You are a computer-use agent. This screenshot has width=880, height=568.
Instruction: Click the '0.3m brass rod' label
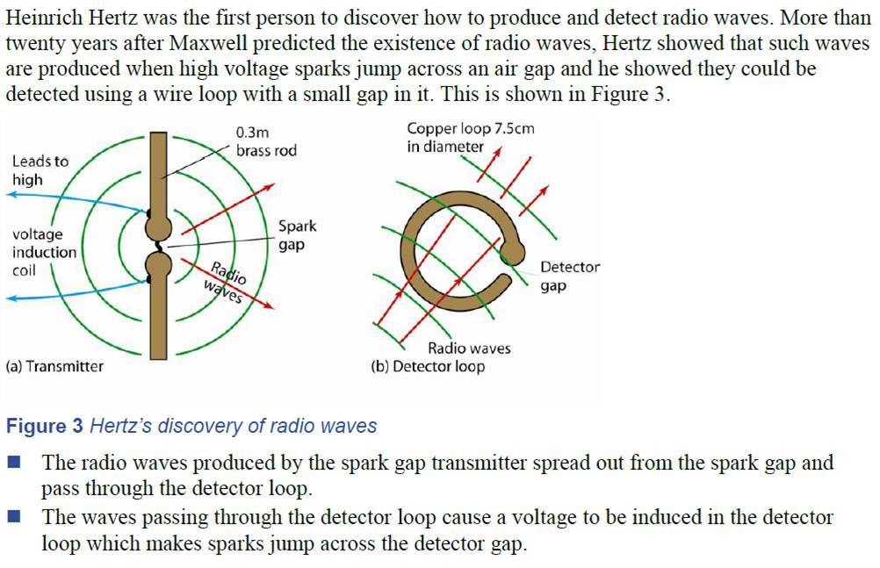[x=266, y=141]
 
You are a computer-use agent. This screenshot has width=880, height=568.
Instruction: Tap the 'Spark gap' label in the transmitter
[x=297, y=235]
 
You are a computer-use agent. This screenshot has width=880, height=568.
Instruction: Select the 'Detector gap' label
[x=570, y=276]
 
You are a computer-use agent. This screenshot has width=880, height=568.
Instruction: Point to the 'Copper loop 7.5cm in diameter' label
[x=470, y=138]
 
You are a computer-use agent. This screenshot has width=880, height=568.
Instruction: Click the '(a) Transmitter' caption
[x=54, y=366]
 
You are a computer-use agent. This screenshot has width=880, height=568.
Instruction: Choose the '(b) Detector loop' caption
[x=428, y=366]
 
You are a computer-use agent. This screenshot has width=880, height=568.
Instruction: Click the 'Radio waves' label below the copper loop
[x=469, y=348]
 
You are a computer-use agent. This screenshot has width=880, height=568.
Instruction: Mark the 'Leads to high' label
[x=40, y=170]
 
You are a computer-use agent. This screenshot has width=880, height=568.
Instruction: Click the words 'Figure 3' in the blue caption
[x=45, y=427]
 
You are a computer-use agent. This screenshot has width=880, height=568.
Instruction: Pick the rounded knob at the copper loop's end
[x=511, y=255]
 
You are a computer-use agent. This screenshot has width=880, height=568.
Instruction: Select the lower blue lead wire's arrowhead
[x=11, y=299]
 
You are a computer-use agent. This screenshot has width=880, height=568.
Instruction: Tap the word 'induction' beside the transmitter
[x=44, y=252]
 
